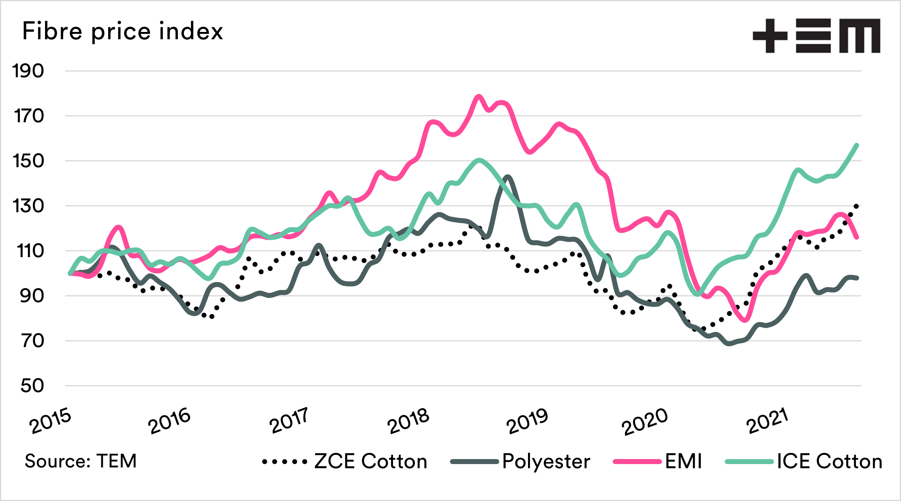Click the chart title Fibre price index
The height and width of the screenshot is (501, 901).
(x=122, y=31)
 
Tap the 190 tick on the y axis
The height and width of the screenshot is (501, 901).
(x=28, y=71)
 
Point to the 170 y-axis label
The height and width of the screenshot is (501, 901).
(x=28, y=116)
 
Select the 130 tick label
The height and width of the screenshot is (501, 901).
(x=28, y=206)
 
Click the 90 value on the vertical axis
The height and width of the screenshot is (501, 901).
(x=31, y=296)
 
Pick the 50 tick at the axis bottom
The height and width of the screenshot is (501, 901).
(x=32, y=386)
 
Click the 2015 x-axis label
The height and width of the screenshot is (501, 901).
(x=50, y=421)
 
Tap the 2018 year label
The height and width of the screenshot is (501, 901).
(x=408, y=421)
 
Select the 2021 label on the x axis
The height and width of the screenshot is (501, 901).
(x=767, y=421)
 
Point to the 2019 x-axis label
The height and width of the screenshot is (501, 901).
(x=527, y=421)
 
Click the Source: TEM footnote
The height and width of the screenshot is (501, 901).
(x=81, y=461)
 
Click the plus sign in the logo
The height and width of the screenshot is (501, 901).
(x=770, y=36)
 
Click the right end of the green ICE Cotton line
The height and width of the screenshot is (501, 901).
(x=857, y=145)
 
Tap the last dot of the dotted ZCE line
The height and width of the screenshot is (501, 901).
(x=856, y=206)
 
